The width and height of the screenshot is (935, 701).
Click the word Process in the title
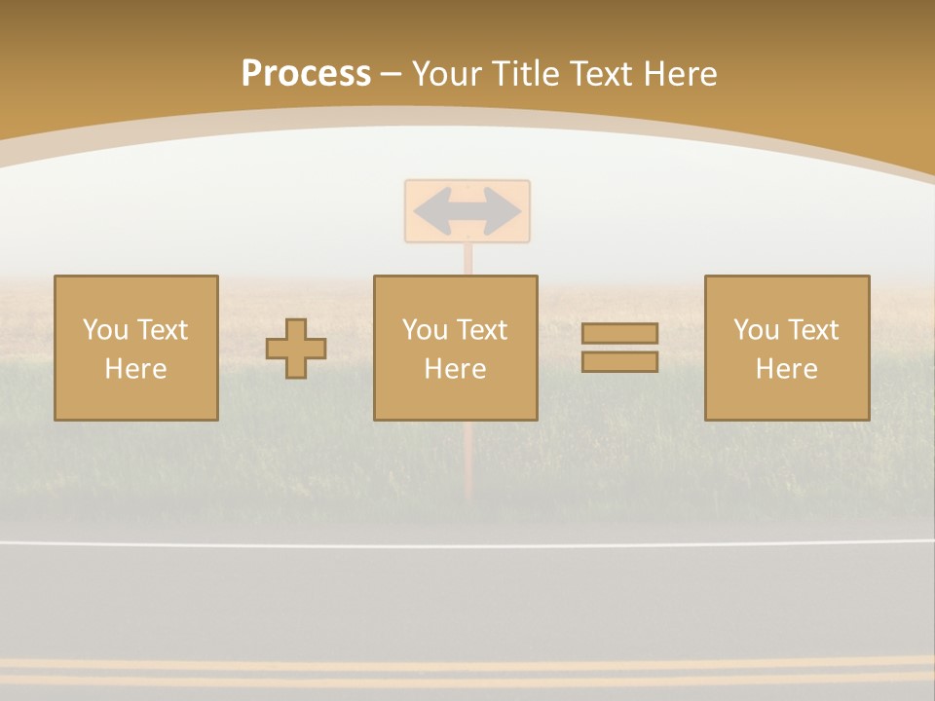(306, 74)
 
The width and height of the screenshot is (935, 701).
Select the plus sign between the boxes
(296, 349)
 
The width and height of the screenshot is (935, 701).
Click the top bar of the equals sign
(619, 334)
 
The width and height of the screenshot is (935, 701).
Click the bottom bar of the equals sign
(619, 362)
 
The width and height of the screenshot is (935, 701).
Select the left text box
(136, 348)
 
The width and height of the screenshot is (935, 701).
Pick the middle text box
(455, 348)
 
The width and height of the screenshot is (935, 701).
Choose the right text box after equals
(787, 348)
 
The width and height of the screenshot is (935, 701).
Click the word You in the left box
(104, 330)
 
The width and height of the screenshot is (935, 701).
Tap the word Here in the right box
(787, 369)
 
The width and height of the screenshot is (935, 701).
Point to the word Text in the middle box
(482, 330)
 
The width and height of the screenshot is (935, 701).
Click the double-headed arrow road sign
(467, 210)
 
